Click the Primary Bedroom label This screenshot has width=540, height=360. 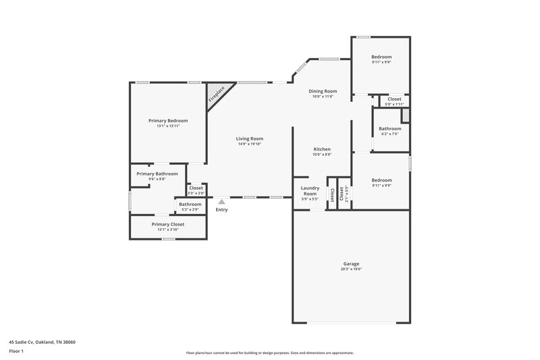[168, 120]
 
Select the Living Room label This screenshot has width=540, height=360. [249, 138]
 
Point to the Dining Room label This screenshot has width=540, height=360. [323, 91]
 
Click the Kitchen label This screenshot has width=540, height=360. [322, 149]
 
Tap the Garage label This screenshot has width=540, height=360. [350, 263]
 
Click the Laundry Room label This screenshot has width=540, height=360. [309, 190]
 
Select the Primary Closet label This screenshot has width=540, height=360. [168, 224]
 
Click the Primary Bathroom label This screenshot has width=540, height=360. [157, 174]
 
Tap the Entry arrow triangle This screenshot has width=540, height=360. [221, 201]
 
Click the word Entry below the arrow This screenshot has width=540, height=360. [221, 209]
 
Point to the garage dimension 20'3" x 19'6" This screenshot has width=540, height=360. [350, 269]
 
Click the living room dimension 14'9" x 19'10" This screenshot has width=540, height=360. [249, 144]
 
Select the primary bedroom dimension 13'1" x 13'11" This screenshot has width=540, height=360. [168, 126]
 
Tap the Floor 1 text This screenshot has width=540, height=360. [17, 351]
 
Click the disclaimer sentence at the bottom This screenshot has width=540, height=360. [269, 353]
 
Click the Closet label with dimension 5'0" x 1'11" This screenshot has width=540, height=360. [394, 99]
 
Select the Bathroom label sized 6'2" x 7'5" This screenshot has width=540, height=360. [389, 128]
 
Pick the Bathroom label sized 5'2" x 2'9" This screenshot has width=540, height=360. [190, 204]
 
